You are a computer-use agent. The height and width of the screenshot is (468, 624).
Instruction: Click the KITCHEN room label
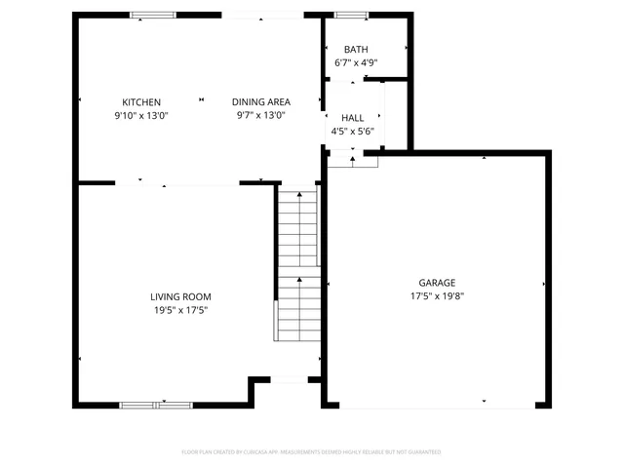pyautogui.click(x=141, y=102)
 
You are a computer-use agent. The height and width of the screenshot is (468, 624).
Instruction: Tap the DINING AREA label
pyautogui.click(x=260, y=102)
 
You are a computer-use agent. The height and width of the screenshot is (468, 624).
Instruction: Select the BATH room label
pyautogui.click(x=356, y=50)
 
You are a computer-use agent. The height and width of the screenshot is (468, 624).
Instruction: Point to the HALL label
pyautogui.click(x=352, y=118)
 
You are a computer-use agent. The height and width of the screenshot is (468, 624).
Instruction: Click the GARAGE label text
pyautogui.click(x=437, y=283)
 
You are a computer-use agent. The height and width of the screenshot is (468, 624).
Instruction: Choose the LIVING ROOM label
pyautogui.click(x=180, y=297)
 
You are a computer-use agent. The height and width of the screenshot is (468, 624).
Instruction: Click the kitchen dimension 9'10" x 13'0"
pyautogui.click(x=141, y=115)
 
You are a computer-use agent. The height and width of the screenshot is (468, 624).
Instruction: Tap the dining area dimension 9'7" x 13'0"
pyautogui.click(x=260, y=115)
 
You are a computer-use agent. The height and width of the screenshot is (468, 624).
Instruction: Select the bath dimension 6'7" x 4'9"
pyautogui.click(x=356, y=62)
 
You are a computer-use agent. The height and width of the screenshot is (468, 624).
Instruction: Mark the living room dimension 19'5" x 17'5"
pyautogui.click(x=180, y=310)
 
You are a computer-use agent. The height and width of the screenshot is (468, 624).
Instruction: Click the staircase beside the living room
pyautogui.click(x=297, y=263)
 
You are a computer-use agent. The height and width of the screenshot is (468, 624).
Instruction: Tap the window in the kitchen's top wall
pyautogui.click(x=154, y=15)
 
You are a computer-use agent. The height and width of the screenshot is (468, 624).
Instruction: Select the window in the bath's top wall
pyautogui.click(x=351, y=15)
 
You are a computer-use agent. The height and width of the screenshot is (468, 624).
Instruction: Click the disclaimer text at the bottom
pyautogui.click(x=311, y=452)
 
